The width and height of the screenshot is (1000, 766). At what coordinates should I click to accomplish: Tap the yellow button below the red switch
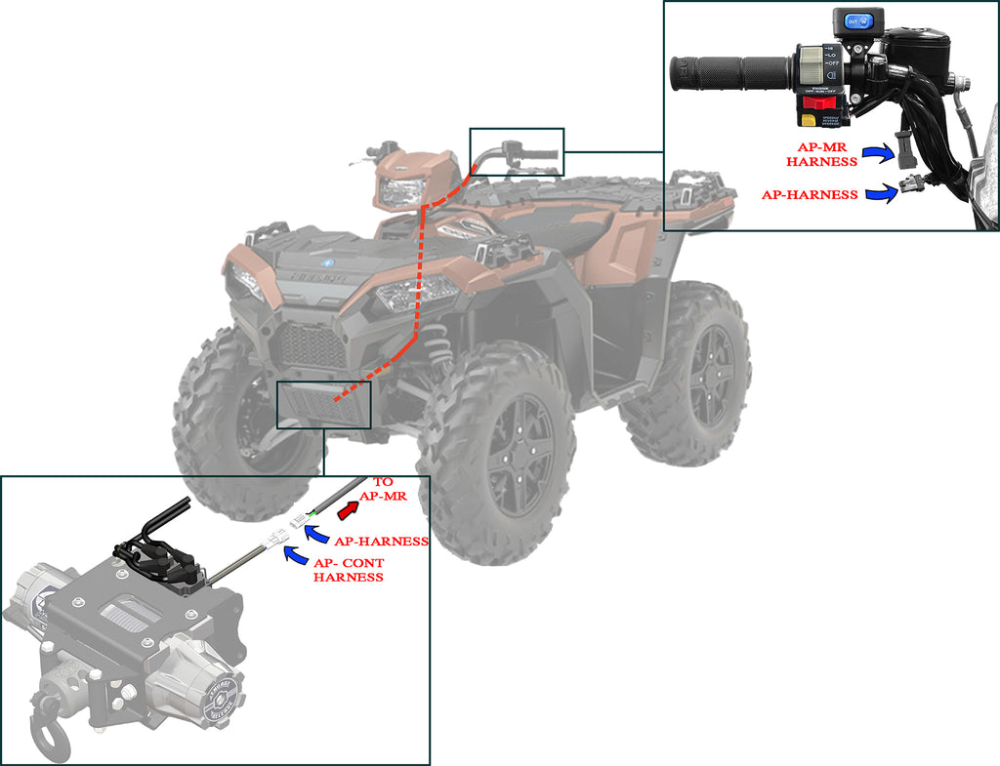810,120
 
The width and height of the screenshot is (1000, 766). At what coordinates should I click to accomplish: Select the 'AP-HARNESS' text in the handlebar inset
810,195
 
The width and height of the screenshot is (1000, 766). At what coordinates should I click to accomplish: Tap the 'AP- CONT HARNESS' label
348,570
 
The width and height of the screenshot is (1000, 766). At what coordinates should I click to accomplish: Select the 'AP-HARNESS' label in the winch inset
381,541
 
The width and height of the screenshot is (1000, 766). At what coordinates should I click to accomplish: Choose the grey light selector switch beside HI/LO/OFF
812,67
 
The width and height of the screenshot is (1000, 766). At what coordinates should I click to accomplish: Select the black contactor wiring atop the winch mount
156,551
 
